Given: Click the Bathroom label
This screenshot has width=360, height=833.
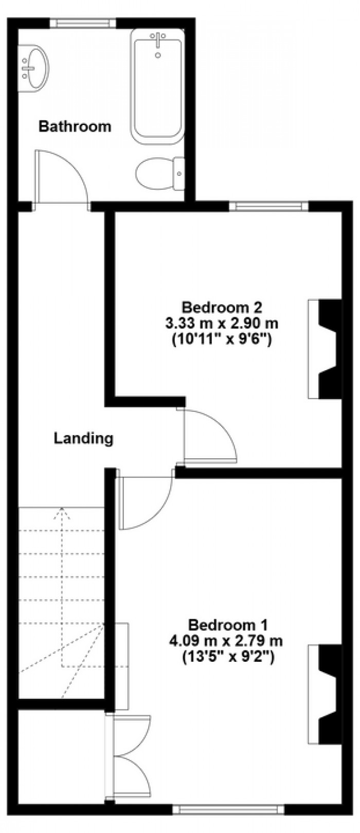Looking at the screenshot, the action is (x=75, y=126).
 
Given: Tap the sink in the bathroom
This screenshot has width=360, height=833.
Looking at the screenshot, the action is (x=33, y=68).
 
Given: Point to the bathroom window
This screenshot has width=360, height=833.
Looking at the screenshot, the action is (x=83, y=23).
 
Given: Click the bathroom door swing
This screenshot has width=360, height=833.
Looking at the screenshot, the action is (x=61, y=178).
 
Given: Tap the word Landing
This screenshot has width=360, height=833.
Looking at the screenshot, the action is (x=84, y=439).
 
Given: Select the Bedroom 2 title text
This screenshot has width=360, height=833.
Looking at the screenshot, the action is (x=222, y=308).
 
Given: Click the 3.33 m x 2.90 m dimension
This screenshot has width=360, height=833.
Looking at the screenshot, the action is (x=222, y=323).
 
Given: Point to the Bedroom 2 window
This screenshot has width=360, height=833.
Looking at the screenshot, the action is (x=269, y=206).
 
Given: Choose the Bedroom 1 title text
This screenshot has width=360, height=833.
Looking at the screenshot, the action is (x=228, y=625).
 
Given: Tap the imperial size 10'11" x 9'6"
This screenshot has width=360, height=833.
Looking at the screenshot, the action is (x=222, y=339).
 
